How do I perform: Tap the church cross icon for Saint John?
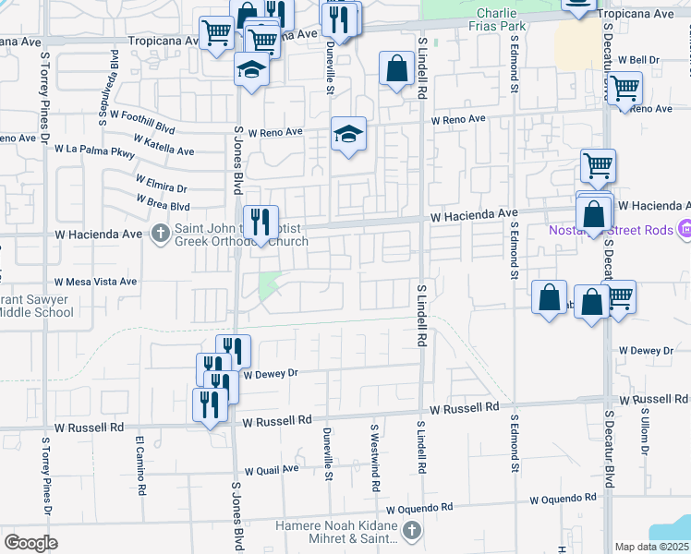pyautogui.click(x=161, y=233)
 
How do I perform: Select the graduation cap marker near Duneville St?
pyautogui.click(x=348, y=135)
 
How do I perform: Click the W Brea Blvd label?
pyautogui.click(x=163, y=203)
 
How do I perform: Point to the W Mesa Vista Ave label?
pyautogui.click(x=96, y=282)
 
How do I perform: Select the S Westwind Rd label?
pyautogui.click(x=375, y=452)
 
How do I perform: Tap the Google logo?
pyautogui.click(x=30, y=542)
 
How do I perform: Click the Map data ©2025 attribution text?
pyautogui.click(x=651, y=547)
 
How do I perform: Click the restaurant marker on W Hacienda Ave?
pyautogui.click(x=261, y=222)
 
